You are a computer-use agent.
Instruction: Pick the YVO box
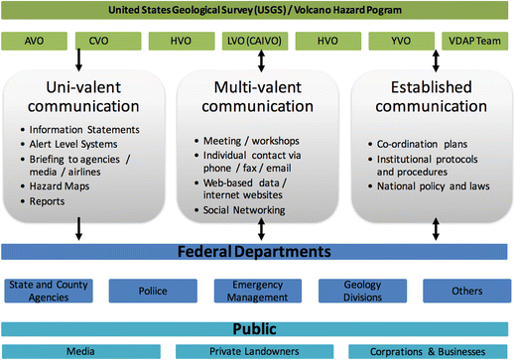[402, 43]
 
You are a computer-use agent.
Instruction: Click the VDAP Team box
[475, 43]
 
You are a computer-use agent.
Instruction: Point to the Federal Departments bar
[257, 251]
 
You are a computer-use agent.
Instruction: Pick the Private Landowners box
[258, 351]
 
